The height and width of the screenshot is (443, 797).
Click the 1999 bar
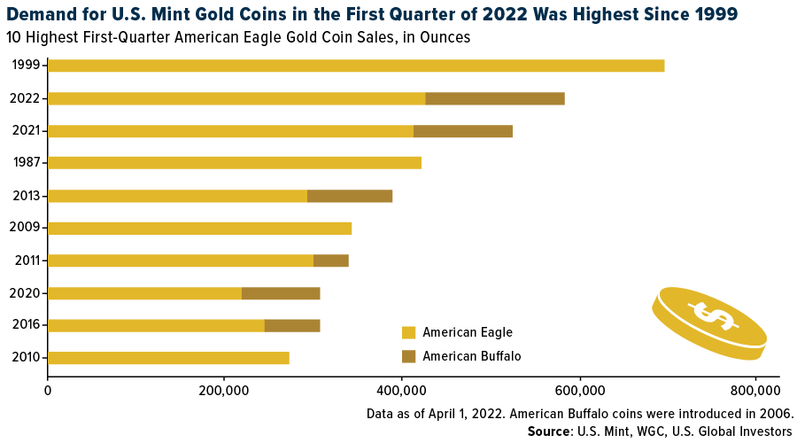click(x=355, y=66)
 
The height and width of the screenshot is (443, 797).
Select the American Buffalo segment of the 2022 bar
click(x=494, y=98)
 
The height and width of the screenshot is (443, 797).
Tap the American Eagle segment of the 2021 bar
click(x=230, y=131)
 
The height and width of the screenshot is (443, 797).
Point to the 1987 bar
click(x=234, y=163)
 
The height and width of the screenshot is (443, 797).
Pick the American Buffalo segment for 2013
click(x=349, y=196)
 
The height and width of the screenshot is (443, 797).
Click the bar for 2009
click(x=199, y=229)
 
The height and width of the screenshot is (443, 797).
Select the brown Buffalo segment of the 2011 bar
click(x=330, y=260)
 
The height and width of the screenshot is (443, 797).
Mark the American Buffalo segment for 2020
click(x=280, y=293)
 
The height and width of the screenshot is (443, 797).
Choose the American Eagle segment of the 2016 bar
click(x=156, y=325)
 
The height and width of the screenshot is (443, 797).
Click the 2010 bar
click(x=168, y=358)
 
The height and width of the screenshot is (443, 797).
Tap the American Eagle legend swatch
click(x=408, y=333)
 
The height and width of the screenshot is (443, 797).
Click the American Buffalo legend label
click(x=472, y=356)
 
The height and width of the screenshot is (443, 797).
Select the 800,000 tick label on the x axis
click(x=754, y=390)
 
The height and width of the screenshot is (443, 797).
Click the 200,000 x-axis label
click(x=224, y=390)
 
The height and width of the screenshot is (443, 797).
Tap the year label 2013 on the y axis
click(x=25, y=196)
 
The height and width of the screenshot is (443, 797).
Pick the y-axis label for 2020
click(x=25, y=293)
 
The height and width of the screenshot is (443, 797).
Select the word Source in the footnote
click(x=551, y=431)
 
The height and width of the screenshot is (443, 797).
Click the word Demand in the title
click(x=41, y=14)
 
